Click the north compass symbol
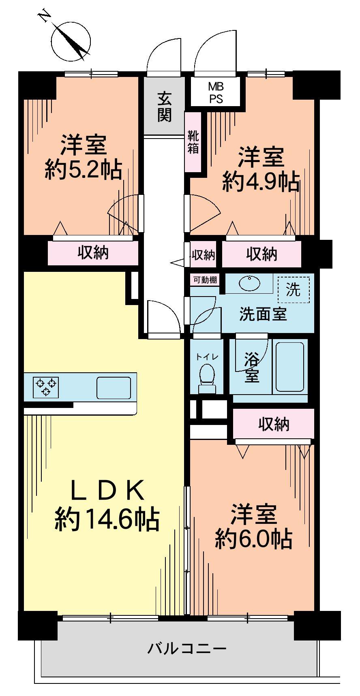pyautogui.click(x=71, y=41)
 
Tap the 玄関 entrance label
pyautogui.click(x=164, y=107)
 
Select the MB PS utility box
pyautogui.click(x=216, y=93)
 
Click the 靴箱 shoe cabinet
pyautogui.click(x=193, y=142)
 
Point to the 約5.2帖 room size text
pyautogui.click(x=84, y=170)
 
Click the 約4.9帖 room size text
pyautogui.click(x=261, y=182)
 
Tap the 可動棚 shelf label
pyautogui.click(x=205, y=280)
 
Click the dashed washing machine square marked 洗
pyautogui.click(x=294, y=289)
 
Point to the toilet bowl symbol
pyautogui.click(x=207, y=375)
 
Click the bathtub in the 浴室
pyautogui.click(x=289, y=367)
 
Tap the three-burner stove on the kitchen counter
pyautogui.click(x=46, y=387)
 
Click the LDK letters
pyautogui.click(x=107, y=491)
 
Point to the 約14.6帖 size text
pyautogui.click(x=107, y=519)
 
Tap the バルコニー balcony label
pyautogui.click(x=186, y=649)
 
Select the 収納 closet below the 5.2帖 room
pyautogui.click(x=93, y=253)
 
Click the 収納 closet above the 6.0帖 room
pyautogui.click(x=274, y=424)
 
